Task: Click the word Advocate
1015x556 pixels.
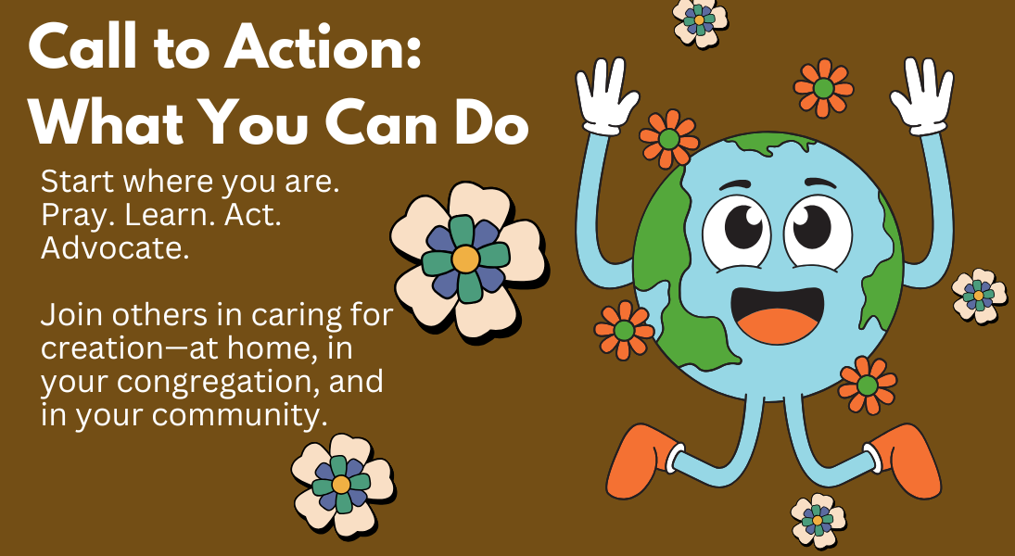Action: point(115,248)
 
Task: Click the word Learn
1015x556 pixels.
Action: point(171,216)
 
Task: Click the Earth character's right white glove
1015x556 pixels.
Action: point(922,95)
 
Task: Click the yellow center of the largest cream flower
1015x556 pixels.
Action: point(465,259)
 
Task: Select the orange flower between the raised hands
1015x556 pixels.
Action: point(823,88)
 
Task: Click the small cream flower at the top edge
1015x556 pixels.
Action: point(700,21)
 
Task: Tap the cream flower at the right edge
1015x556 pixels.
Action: point(979,296)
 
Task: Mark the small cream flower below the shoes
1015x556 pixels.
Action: point(818,521)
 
